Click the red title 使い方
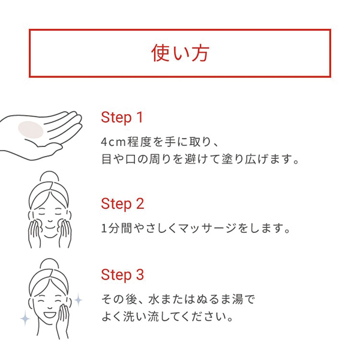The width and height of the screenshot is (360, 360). [180, 53]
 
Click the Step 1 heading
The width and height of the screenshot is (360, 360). [122, 118]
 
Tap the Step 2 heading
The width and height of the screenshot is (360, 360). [122, 204]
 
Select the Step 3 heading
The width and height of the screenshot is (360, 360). [122, 275]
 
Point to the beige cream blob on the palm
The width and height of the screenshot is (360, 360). [31, 130]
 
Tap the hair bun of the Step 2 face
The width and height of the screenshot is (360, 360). [49, 176]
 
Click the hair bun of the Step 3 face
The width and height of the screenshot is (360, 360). [49, 263]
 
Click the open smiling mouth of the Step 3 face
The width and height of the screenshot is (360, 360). [49, 314]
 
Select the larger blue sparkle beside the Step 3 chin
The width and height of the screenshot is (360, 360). [25, 318]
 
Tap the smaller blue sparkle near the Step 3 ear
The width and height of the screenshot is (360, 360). [78, 299]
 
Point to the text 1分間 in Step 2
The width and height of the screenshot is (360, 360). [116, 229]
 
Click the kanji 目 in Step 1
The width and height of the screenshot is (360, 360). [107, 159]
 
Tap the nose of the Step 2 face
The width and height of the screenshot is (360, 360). [50, 220]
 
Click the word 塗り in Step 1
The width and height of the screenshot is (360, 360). [232, 159]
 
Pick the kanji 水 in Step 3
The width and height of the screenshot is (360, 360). [154, 299]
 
